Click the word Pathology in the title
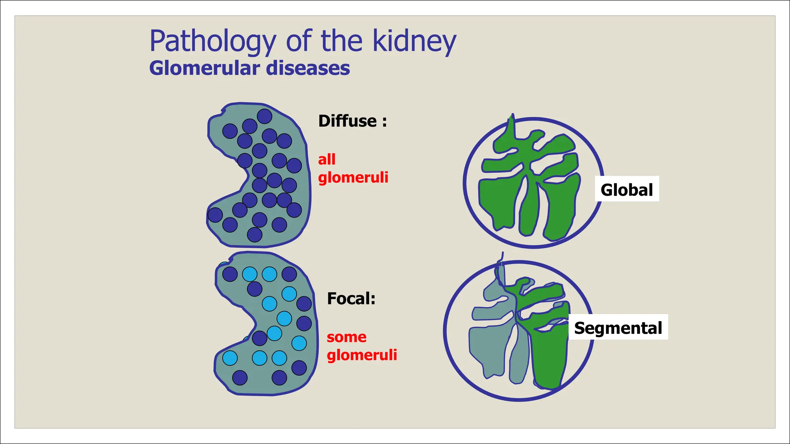pyautogui.click(x=213, y=42)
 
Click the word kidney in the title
pyautogui.click(x=414, y=42)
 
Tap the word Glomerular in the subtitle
pyautogui.click(x=204, y=68)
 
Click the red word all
pyautogui.click(x=326, y=159)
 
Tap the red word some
pyautogui.click(x=346, y=337)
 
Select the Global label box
pyautogui.click(x=626, y=189)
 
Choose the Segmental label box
pyautogui.click(x=618, y=328)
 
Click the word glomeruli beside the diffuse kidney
pyautogui.click(x=353, y=178)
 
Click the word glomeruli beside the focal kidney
pyautogui.click(x=361, y=355)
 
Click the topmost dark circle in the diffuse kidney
pyautogui.click(x=264, y=116)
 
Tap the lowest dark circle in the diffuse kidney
pyautogui.click(x=254, y=234)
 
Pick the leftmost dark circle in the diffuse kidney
pyautogui.click(x=215, y=215)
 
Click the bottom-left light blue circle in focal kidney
pyautogui.click(x=230, y=358)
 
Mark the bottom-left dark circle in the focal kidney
pyautogui.click(x=240, y=378)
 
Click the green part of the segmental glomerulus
pyautogui.click(x=548, y=355)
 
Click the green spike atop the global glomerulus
pyautogui.click(x=511, y=127)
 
